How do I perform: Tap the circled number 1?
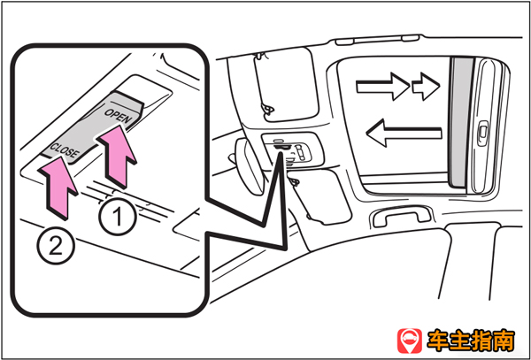pyautogui.click(x=119, y=217)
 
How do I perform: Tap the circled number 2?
pyautogui.click(x=56, y=246)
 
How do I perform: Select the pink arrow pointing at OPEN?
pyautogui.click(x=117, y=156)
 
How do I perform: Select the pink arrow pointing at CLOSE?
pyautogui.click(x=58, y=188)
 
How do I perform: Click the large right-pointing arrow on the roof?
pyautogui.click(x=382, y=87)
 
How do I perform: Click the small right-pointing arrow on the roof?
pyautogui.click(x=426, y=87)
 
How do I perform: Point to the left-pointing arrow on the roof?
pyautogui.click(x=404, y=133)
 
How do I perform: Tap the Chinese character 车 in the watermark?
pyautogui.click(x=439, y=341)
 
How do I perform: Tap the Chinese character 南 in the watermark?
pyautogui.click(x=504, y=341)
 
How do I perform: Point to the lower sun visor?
pyautogui.click(x=320, y=196)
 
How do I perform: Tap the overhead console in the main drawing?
pyautogui.click(x=293, y=149)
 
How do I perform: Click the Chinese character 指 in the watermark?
pyautogui.click(x=482, y=341)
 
